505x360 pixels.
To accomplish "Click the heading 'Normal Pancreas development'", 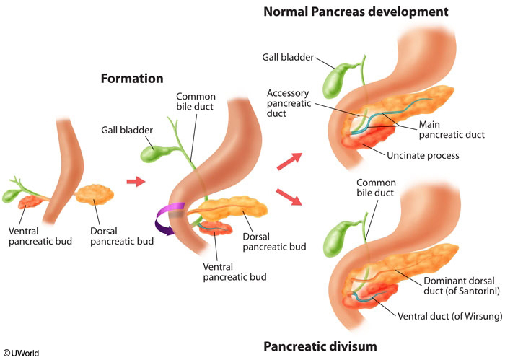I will [x=356, y=12].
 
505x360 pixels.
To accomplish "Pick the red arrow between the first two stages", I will [x=136, y=181].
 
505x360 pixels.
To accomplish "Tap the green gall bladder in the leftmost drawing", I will [x=11, y=195].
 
